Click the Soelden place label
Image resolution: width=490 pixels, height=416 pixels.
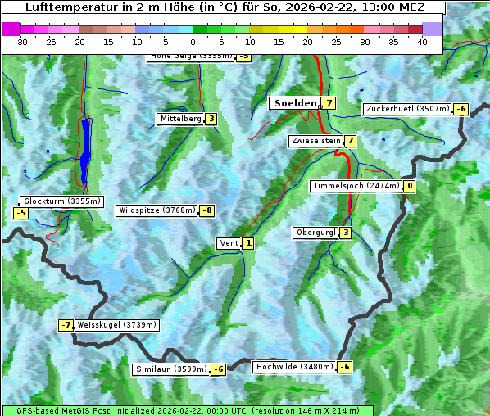tap(294, 103)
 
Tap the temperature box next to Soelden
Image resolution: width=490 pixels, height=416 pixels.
tap(329, 103)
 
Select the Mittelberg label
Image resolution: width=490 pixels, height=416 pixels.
tap(180, 119)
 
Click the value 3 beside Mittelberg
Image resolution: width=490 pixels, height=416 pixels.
tap(211, 119)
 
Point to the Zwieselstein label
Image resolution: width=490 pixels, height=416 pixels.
tap(315, 141)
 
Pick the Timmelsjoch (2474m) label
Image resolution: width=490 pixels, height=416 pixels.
tap(356, 186)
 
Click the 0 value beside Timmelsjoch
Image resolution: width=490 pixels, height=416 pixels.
tap(409, 186)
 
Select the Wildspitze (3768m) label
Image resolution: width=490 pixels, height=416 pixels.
tap(157, 210)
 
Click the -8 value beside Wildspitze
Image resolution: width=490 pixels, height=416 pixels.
tap(207, 210)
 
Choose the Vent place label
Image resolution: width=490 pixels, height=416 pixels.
tap(229, 243)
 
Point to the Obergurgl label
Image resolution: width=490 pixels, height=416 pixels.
tap(315, 233)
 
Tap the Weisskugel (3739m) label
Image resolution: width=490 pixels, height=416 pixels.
tap(116, 325)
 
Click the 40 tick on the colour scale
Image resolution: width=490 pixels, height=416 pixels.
tap(422, 41)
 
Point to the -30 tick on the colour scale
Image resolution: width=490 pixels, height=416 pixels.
tap(21, 41)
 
